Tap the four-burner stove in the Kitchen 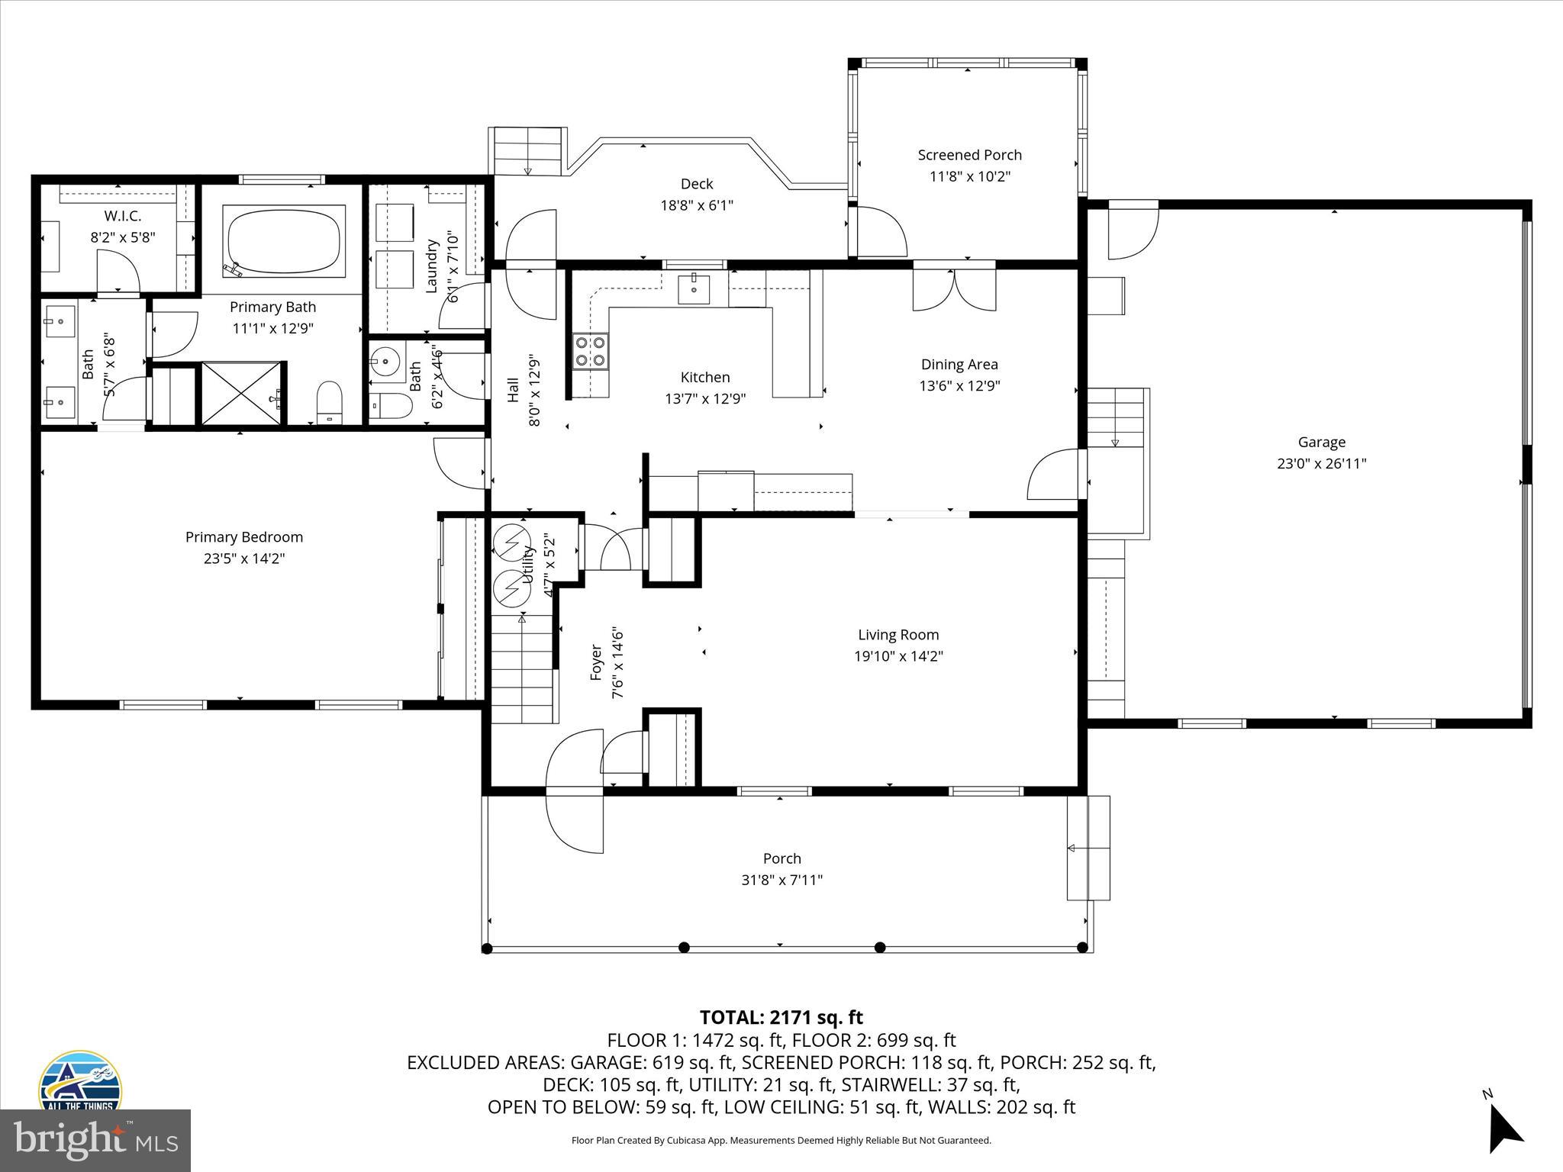[x=591, y=351]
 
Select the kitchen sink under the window [x=694, y=289]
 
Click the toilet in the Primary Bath [x=330, y=400]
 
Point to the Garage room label [x=1321, y=442]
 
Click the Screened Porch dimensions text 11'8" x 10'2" [x=969, y=176]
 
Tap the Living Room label [x=898, y=634]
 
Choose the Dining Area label [x=959, y=364]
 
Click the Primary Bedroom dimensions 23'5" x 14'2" [x=244, y=559]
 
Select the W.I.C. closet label [x=123, y=216]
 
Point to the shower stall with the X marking [x=241, y=393]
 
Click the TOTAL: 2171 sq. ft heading [x=781, y=1017]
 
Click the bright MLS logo [x=95, y=1141]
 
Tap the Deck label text [x=696, y=184]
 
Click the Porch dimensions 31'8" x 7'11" [x=781, y=880]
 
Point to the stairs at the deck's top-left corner [x=527, y=150]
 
